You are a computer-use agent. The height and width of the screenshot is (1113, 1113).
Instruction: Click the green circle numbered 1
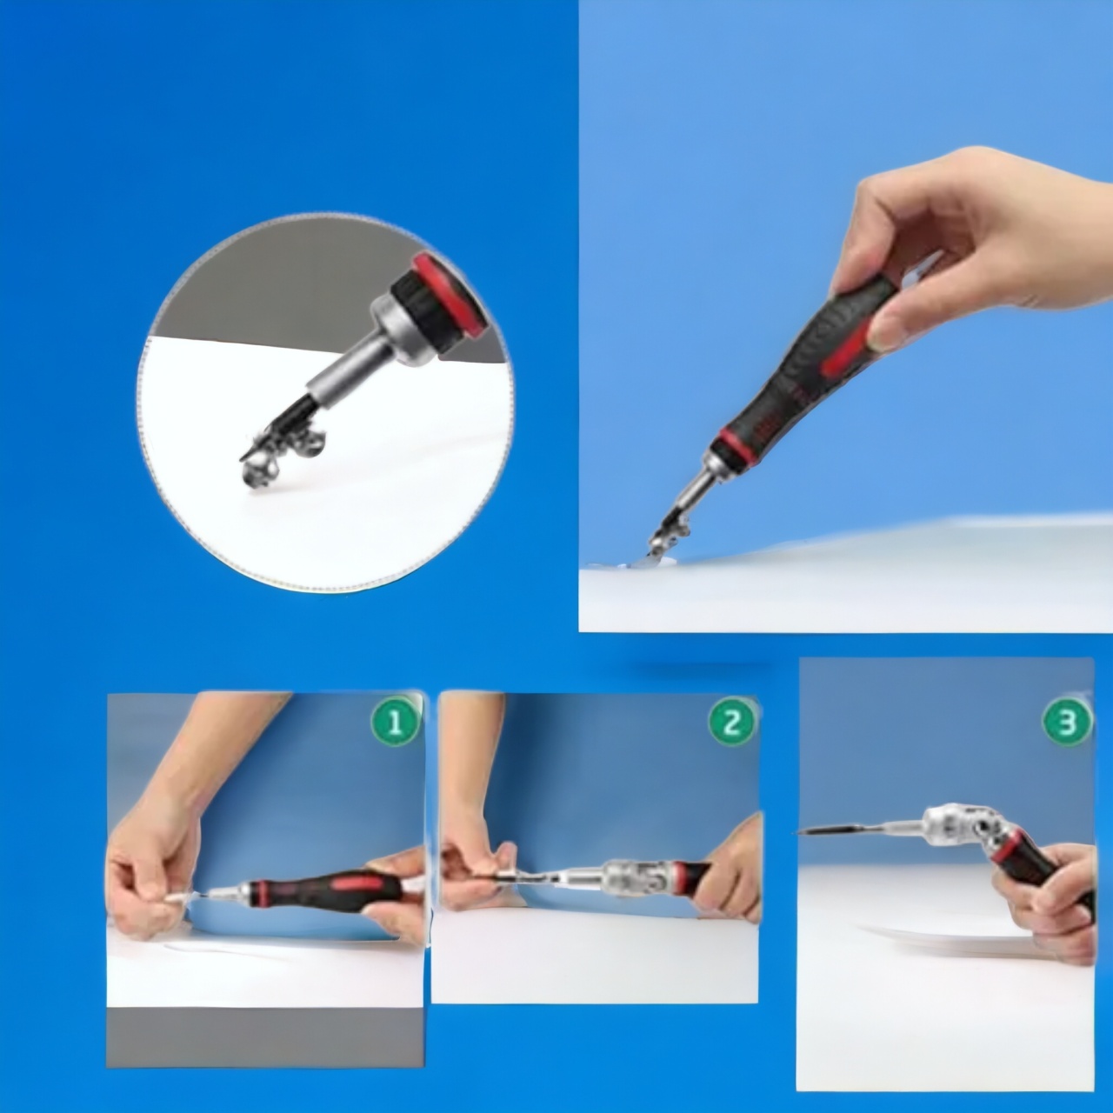coord(396,724)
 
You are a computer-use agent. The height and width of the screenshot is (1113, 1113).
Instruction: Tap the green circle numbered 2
coord(732,723)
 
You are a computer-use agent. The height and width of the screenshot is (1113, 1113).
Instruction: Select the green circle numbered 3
coord(1068,723)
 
